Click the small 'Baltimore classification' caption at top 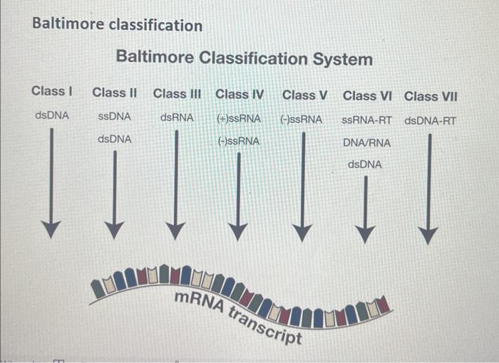point(118,26)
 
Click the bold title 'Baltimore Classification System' point(244,58)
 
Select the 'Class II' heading point(115,93)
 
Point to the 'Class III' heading point(177,93)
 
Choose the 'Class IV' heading point(240,94)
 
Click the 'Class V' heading point(304,95)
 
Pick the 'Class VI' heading point(367,95)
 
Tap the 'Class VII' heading point(431,96)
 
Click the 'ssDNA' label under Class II point(115,117)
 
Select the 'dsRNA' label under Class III point(177,117)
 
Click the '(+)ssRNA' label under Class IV point(239,118)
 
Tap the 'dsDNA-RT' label point(430,120)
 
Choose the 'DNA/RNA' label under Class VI point(366,143)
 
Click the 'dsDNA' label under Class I point(52,115)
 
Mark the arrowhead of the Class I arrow point(50,229)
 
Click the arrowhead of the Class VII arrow point(428,235)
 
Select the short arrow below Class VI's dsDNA point(365,206)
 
